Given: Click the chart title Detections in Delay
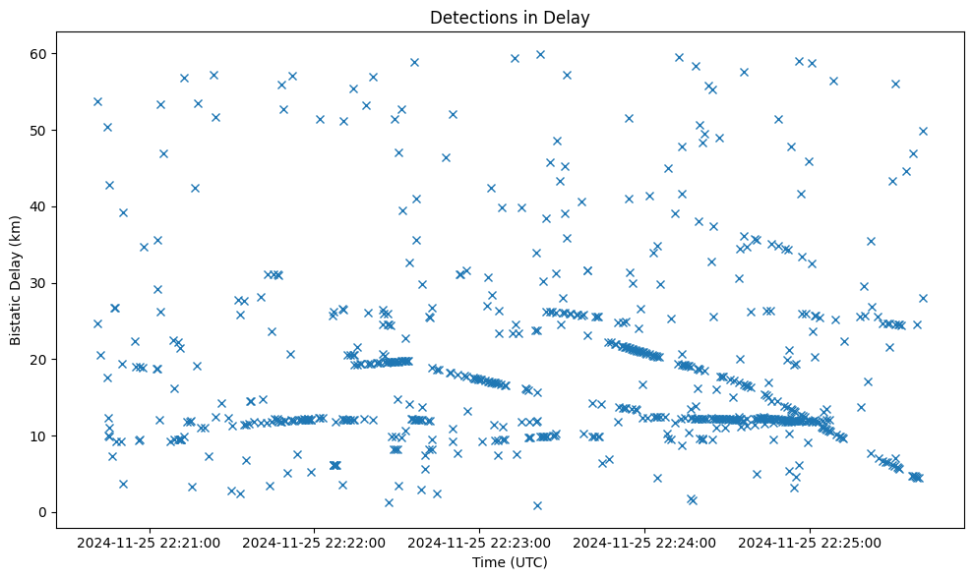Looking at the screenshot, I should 510,17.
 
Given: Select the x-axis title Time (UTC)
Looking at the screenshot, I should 510,563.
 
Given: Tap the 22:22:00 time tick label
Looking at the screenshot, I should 316,542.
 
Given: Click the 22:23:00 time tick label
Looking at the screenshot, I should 481,542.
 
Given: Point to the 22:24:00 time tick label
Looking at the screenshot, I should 646,542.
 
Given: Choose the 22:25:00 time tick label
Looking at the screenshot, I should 811,542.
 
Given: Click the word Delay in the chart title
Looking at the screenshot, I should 569,17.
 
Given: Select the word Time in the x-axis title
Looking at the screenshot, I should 488,563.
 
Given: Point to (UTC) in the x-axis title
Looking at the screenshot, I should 527,563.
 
